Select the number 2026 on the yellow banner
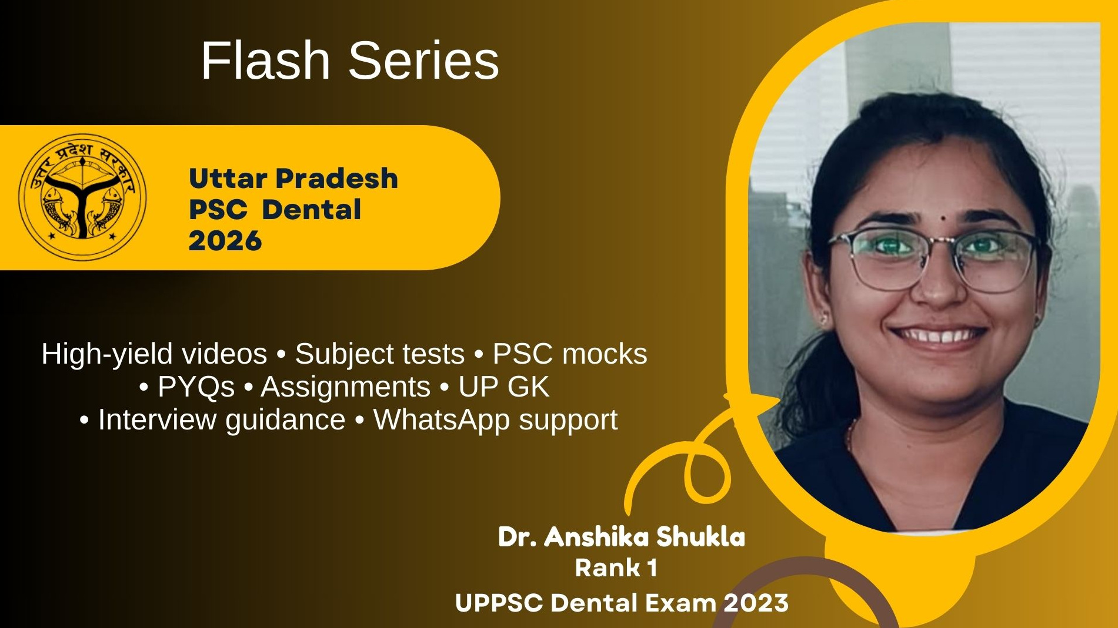pos(225,241)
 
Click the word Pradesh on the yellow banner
pos(337,179)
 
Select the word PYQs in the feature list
pos(196,387)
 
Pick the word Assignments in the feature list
pos(345,387)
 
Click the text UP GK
pos(503,387)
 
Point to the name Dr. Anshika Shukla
pos(622,537)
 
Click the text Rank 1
pos(616,568)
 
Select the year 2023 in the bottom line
pos(756,603)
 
